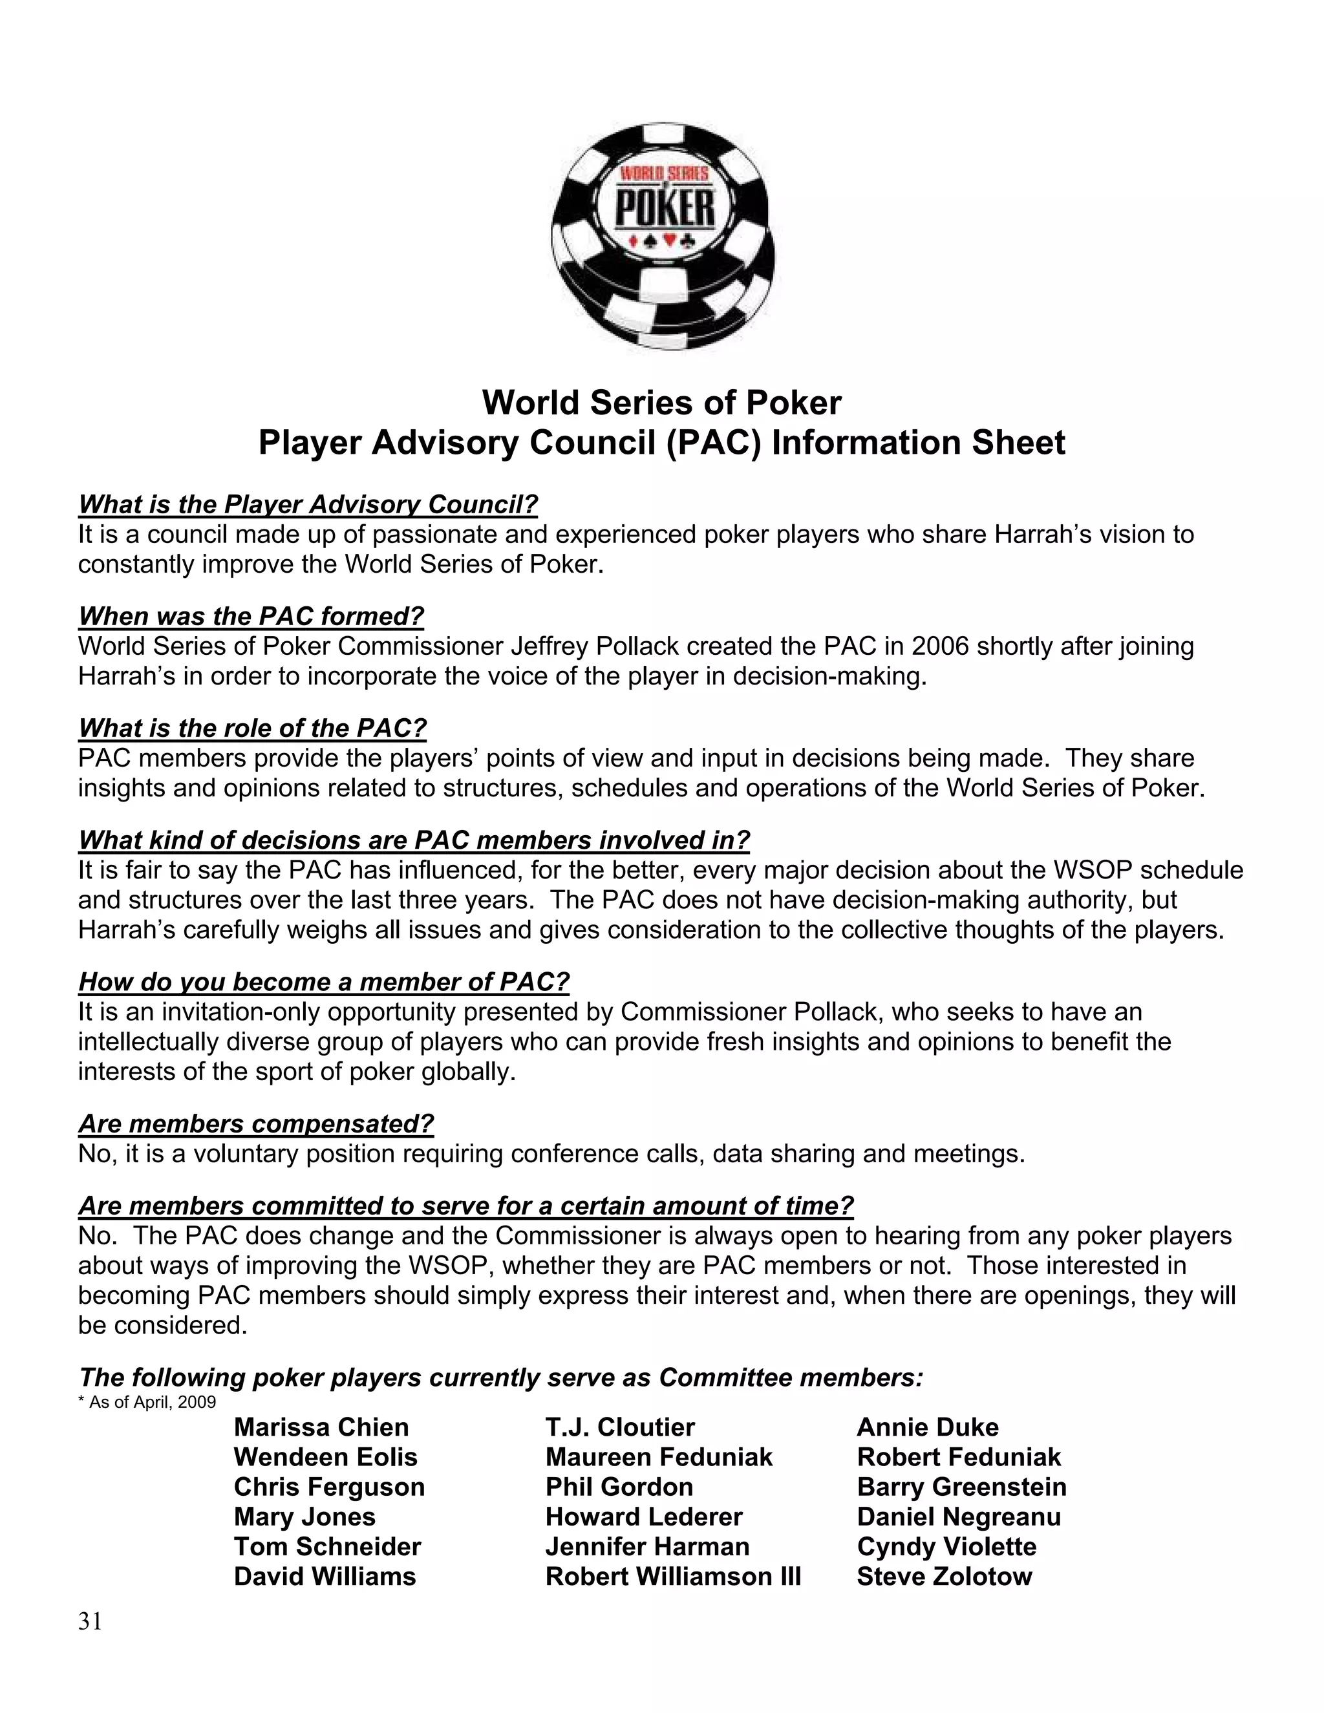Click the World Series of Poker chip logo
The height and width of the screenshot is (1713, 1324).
coord(663,235)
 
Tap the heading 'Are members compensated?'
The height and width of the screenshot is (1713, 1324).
coord(256,1123)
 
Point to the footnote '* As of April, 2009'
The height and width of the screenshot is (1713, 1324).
coord(147,1401)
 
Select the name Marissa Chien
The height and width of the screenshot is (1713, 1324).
coord(321,1427)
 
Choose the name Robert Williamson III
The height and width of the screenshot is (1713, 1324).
coord(673,1576)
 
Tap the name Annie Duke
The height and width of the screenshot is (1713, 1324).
coord(928,1427)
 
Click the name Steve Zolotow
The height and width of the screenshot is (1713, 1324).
coord(945,1576)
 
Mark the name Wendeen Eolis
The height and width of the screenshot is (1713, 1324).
coord(326,1456)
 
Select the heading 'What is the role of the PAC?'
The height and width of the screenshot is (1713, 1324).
coord(253,728)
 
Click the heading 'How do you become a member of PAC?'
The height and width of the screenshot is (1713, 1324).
coord(324,981)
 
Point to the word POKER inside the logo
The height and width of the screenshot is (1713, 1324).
coord(665,209)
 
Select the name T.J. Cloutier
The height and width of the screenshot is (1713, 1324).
coord(619,1427)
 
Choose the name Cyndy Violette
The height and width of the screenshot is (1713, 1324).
coord(946,1546)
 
